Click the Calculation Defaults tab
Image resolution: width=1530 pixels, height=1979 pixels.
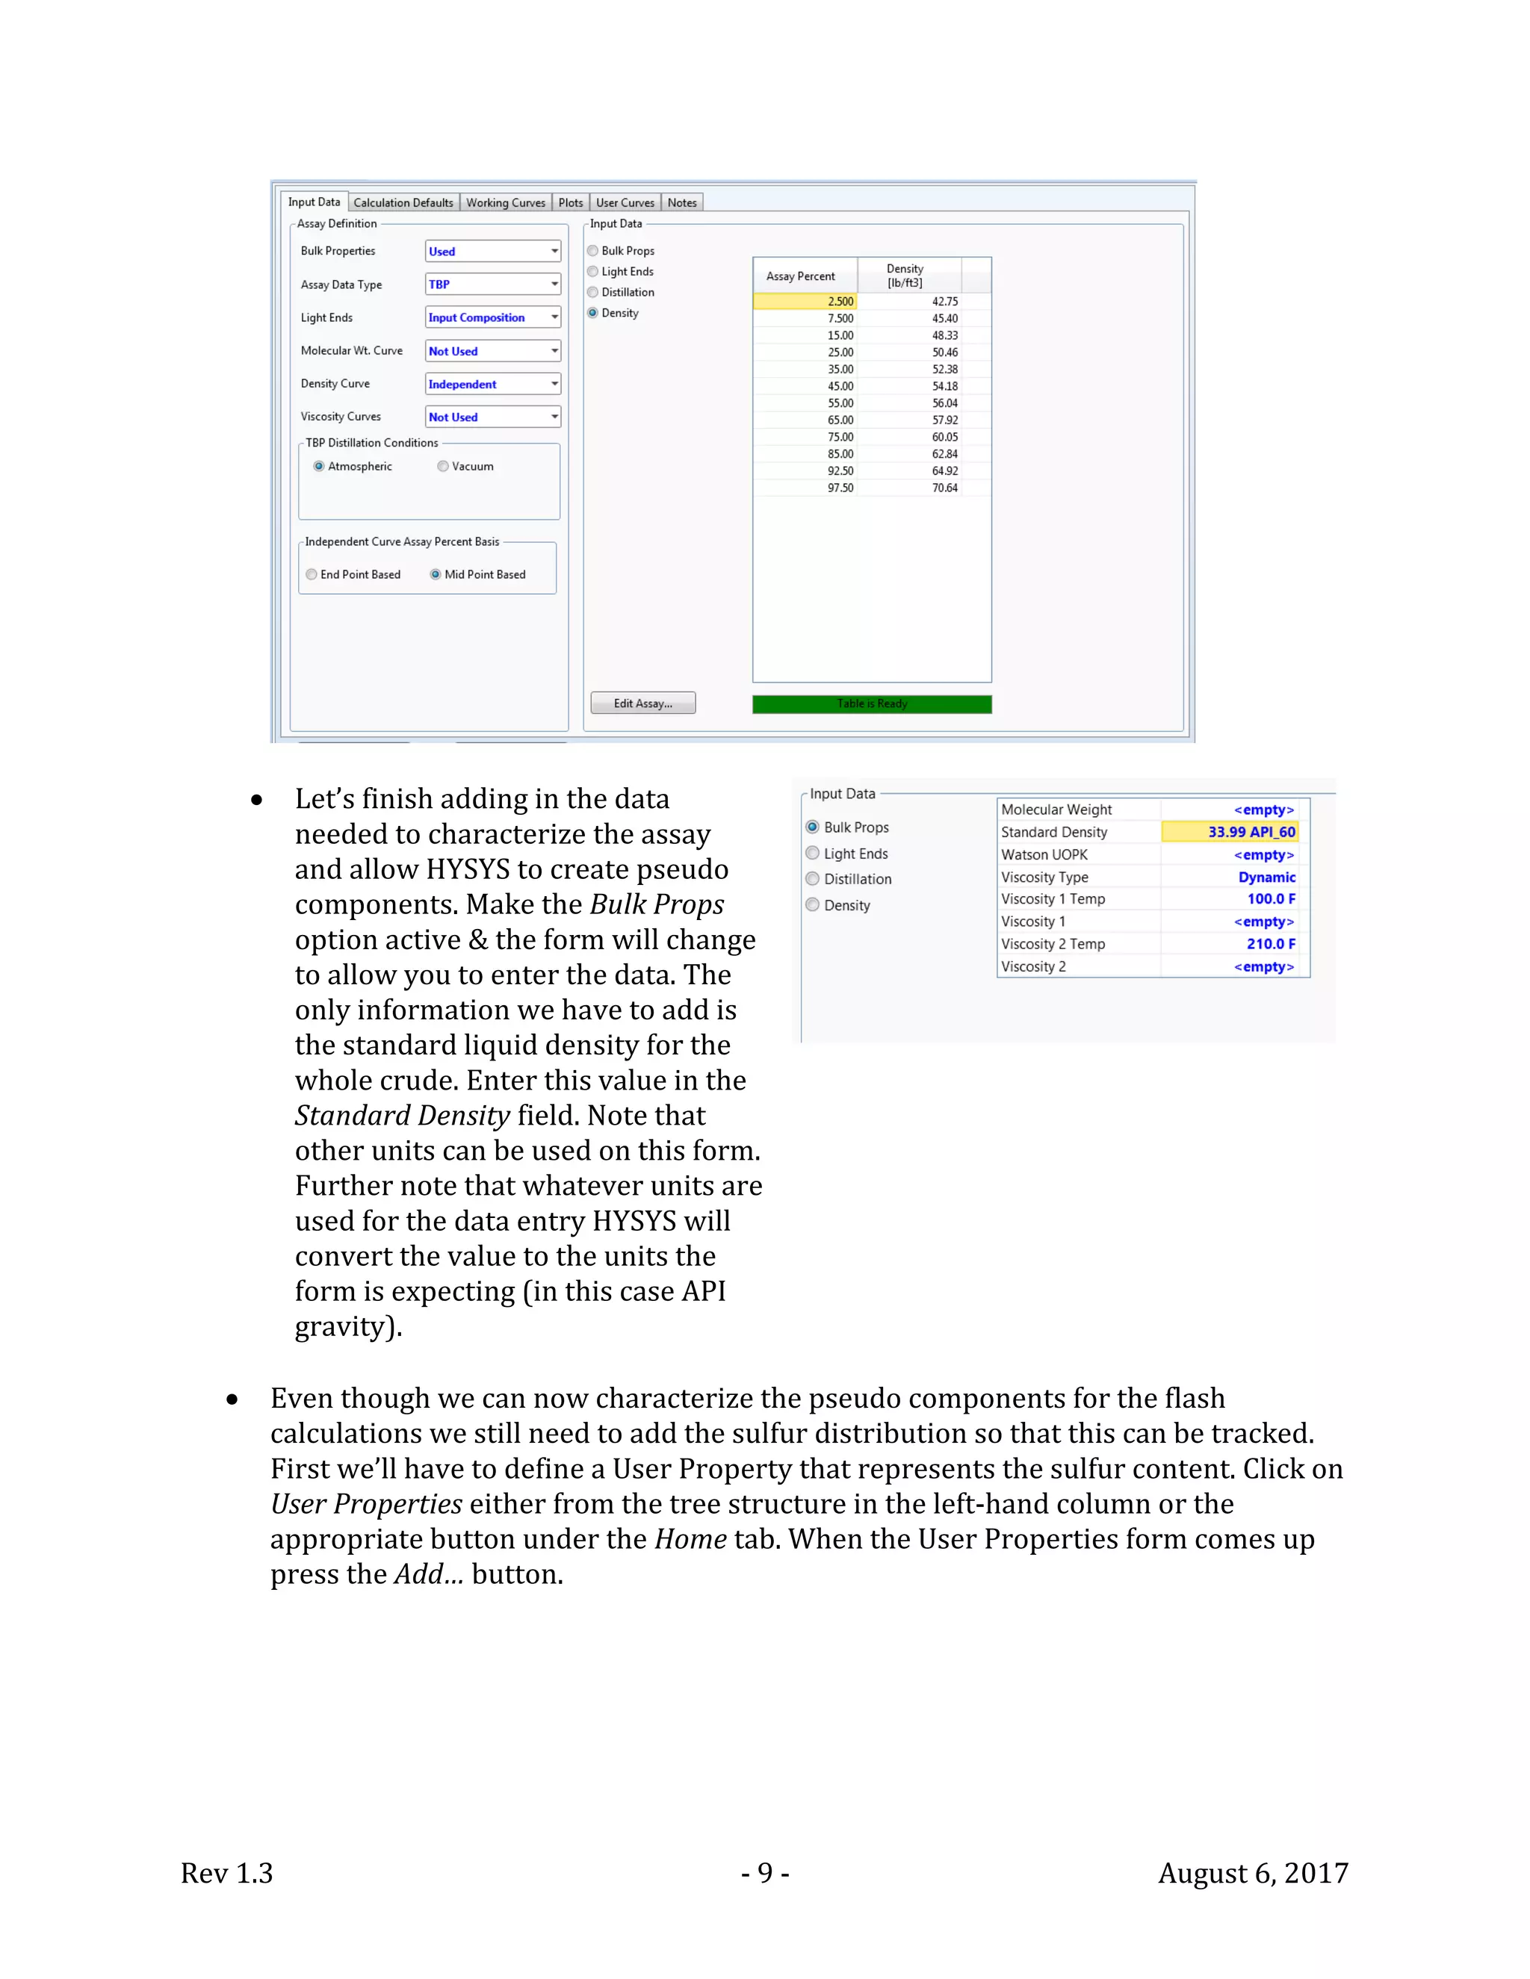[403, 203]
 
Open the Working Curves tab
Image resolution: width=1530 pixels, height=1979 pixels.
[506, 203]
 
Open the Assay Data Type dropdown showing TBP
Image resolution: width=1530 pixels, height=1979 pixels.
[492, 285]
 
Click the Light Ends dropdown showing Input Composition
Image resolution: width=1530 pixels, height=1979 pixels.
[492, 317]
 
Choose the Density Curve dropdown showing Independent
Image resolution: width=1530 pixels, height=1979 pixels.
[492, 384]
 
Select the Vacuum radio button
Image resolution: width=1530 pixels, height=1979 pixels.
[443, 467]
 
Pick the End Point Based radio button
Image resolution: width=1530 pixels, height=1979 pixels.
[312, 574]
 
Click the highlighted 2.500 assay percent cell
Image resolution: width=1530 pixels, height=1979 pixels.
[804, 302]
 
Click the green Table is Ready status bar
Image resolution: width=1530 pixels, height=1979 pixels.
[871, 704]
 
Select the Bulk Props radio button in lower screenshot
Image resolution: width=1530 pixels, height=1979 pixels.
[813, 827]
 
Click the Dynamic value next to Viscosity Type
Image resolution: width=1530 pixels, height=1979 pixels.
[1266, 877]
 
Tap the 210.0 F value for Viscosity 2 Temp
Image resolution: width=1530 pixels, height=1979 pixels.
[1270, 944]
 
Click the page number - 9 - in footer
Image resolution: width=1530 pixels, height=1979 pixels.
[765, 1873]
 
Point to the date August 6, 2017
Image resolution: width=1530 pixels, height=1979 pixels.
[1253, 1873]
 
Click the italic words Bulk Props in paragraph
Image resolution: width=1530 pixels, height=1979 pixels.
[657, 904]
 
